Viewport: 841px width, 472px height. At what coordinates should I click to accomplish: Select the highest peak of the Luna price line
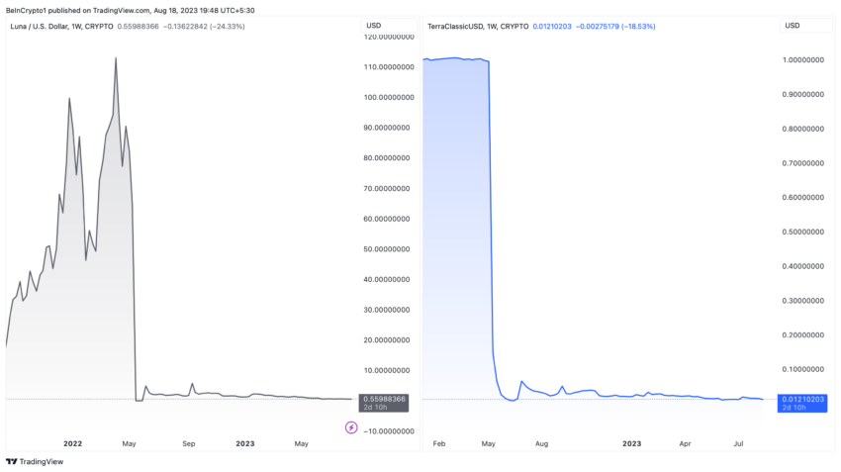point(116,58)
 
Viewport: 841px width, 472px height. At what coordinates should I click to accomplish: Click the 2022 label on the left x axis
point(72,444)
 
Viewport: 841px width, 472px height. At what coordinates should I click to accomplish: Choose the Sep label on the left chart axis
point(189,444)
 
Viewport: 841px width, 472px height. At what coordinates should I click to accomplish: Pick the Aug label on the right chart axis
point(541,444)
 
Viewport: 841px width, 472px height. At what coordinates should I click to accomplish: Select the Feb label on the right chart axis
point(440,444)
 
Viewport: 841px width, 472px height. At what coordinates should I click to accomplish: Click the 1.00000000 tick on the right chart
point(802,60)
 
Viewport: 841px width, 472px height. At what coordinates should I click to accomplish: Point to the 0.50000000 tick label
point(802,233)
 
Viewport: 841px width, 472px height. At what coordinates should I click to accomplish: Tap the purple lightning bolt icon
point(351,427)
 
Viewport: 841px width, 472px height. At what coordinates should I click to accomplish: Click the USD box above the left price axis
point(374,25)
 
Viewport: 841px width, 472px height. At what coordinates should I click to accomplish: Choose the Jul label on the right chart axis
point(738,444)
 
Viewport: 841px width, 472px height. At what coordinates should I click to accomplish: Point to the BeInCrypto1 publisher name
point(27,9)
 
